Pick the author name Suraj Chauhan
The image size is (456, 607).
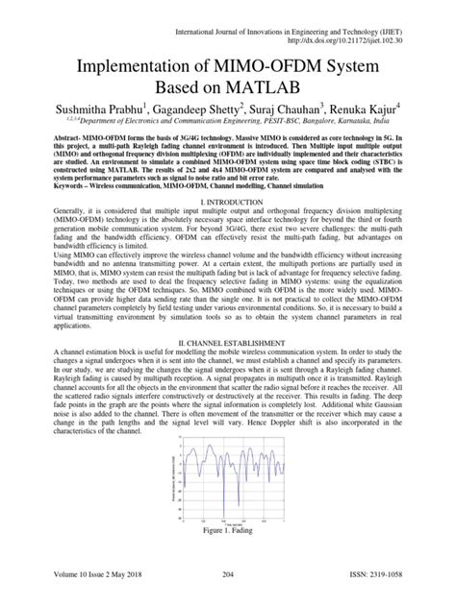[x=308, y=125]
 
